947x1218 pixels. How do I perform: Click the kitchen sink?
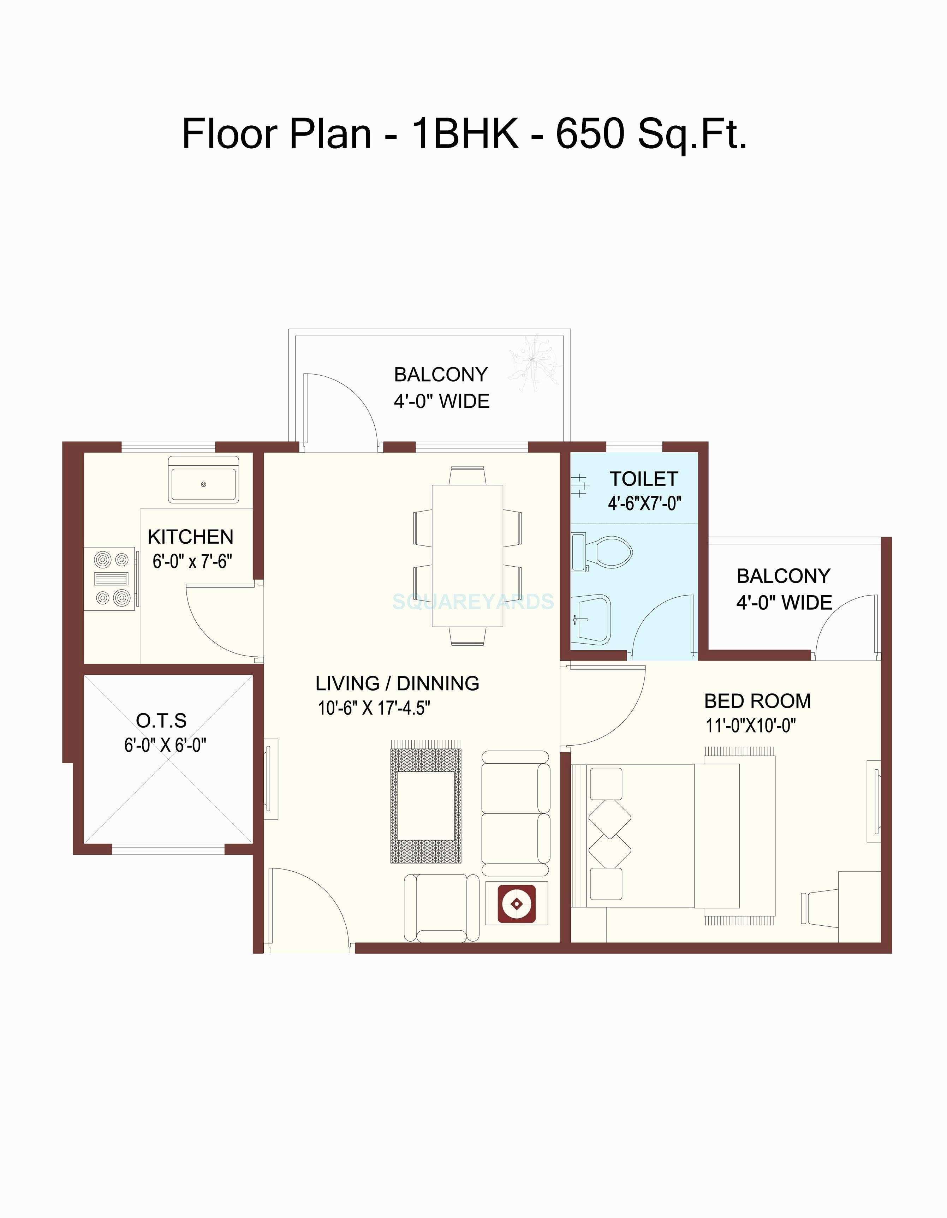pyautogui.click(x=204, y=479)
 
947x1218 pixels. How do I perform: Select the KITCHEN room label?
pyautogui.click(x=190, y=537)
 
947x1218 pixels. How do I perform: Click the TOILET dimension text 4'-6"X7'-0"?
pyautogui.click(x=644, y=503)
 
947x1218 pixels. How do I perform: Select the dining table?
pyautogui.click(x=467, y=555)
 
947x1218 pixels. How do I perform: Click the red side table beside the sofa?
pyautogui.click(x=517, y=903)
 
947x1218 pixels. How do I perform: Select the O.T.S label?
pyautogui.click(x=161, y=721)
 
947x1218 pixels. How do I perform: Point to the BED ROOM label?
pyautogui.click(x=757, y=701)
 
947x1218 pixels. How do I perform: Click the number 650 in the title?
pyautogui.click(x=590, y=134)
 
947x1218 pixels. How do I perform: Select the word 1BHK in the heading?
pyautogui.click(x=465, y=134)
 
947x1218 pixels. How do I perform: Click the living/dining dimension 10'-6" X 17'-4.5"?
pyautogui.click(x=374, y=708)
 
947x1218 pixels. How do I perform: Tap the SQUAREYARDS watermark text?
pyautogui.click(x=473, y=601)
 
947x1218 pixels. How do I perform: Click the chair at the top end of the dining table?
pyautogui.click(x=467, y=475)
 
